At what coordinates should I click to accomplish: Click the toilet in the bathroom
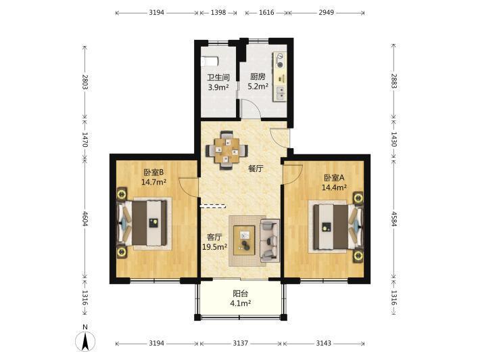[210, 61]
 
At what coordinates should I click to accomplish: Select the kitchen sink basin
[281, 93]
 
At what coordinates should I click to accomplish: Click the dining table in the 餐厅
[227, 150]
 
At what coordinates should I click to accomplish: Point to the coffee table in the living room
[244, 240]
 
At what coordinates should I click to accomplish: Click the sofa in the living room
[270, 240]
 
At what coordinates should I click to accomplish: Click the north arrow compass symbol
[85, 340]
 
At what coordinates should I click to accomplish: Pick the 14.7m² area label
[153, 182]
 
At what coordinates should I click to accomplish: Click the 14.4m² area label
[334, 187]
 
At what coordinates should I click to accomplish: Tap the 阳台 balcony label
[240, 294]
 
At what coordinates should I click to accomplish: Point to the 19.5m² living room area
[214, 246]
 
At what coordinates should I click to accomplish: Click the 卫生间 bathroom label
[218, 78]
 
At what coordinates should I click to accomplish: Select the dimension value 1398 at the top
[218, 13]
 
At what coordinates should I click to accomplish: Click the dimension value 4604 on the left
[85, 219]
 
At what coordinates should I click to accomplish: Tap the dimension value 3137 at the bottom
[240, 343]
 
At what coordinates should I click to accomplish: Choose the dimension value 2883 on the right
[393, 81]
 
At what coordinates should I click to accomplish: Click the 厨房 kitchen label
[258, 76]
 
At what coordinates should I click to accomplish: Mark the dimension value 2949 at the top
[326, 13]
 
